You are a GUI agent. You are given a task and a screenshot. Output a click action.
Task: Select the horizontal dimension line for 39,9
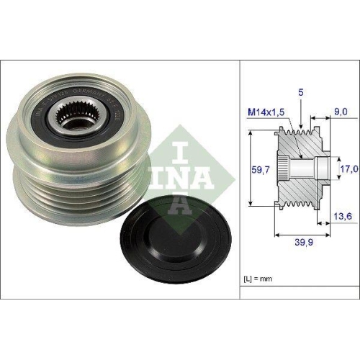(302, 233)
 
